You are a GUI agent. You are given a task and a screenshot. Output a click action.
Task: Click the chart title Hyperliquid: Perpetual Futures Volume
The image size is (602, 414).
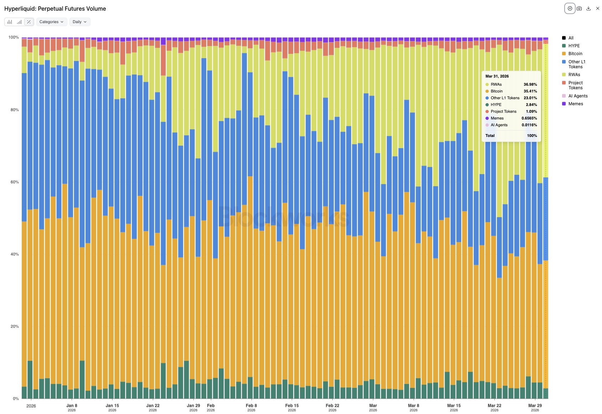coord(55,9)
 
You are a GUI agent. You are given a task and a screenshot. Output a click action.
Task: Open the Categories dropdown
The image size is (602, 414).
coord(51,22)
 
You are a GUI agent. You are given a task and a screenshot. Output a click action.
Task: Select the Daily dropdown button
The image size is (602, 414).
coord(79,22)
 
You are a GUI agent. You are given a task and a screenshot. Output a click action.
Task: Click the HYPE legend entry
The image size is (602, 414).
coord(574,46)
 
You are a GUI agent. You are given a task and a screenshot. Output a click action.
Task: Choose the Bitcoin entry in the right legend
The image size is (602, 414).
coord(575,54)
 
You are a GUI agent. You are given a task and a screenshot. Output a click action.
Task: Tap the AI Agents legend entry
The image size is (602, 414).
coord(578,96)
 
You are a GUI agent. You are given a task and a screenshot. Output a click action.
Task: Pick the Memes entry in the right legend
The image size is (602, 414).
coord(575,104)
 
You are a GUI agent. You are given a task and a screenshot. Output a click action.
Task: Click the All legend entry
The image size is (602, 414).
coord(571,38)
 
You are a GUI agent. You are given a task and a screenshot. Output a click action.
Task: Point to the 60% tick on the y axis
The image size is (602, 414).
coord(15,182)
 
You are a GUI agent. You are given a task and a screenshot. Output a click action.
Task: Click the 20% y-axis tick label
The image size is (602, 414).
coord(15,327)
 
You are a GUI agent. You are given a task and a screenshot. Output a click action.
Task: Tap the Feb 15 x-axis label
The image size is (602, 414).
coord(292,406)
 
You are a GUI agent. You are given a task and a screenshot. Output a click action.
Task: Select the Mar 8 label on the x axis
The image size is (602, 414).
coord(413,406)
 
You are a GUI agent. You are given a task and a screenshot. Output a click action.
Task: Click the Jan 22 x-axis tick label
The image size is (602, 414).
coord(153,406)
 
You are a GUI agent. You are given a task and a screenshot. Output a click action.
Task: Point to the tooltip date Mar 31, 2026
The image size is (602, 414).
coord(497,76)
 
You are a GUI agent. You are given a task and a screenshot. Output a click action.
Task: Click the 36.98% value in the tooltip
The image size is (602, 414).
coord(530,85)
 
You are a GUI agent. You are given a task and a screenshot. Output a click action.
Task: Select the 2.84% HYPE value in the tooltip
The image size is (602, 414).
coord(531,105)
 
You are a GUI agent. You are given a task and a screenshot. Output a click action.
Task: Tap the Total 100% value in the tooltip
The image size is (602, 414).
coord(532,136)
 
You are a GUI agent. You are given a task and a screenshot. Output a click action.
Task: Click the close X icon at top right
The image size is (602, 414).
coord(598,9)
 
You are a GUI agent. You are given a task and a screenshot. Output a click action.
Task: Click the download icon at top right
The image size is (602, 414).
coord(588,9)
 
